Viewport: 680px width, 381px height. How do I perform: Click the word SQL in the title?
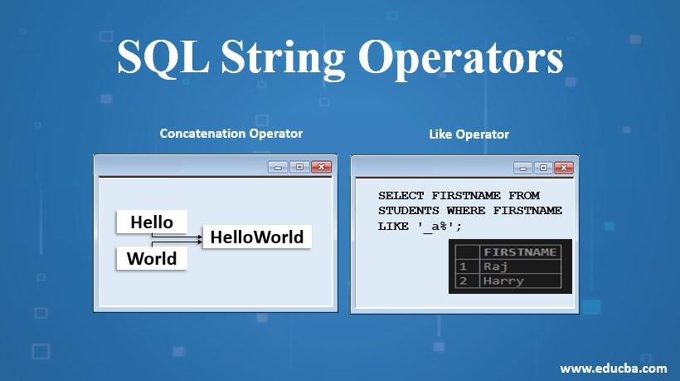(x=163, y=57)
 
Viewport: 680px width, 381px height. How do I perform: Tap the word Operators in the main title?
(x=460, y=59)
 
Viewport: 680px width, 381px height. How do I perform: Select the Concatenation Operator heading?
(x=231, y=134)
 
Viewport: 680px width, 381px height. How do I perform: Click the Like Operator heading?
(x=469, y=134)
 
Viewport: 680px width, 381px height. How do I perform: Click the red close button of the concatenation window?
(x=322, y=167)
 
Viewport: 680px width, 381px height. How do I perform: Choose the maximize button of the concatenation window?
(x=299, y=167)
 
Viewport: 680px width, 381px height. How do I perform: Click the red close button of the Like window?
(x=564, y=168)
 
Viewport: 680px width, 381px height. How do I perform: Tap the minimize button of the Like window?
(x=523, y=168)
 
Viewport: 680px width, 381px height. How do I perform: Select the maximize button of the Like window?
(x=543, y=168)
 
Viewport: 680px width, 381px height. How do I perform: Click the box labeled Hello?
(x=152, y=222)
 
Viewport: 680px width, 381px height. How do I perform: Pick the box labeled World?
(x=152, y=258)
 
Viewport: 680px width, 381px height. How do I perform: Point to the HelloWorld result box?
(x=257, y=237)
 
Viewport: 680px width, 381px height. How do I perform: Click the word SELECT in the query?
(x=401, y=196)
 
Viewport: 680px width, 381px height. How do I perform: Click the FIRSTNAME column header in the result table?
(x=520, y=252)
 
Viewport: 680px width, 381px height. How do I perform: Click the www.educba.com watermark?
(x=613, y=369)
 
